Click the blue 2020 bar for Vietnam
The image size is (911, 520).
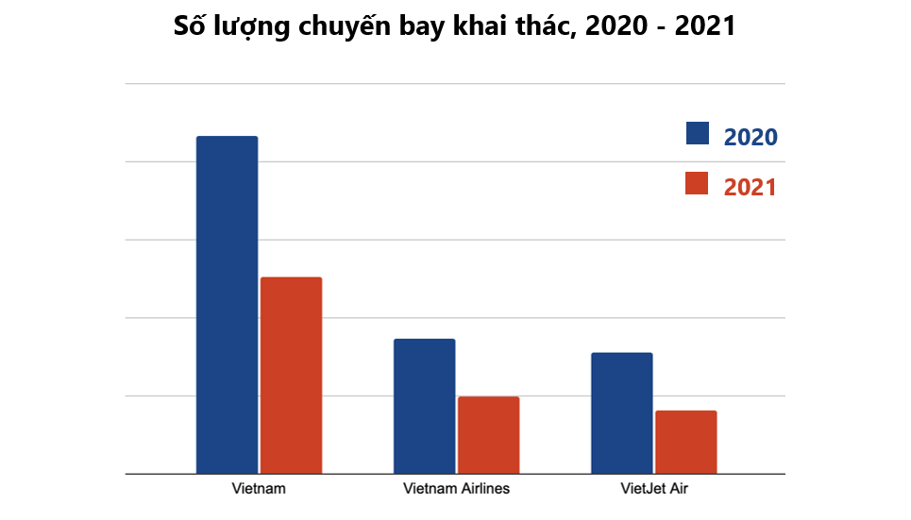(228, 305)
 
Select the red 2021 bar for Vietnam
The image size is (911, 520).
(291, 376)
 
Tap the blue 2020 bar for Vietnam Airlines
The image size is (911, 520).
(425, 406)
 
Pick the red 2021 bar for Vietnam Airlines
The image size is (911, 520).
(489, 435)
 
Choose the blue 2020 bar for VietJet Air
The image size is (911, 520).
(622, 413)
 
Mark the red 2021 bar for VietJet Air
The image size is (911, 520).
(686, 443)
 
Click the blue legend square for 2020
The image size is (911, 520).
(698, 133)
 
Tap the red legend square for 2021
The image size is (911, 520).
(697, 183)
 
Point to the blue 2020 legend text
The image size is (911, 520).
(751, 137)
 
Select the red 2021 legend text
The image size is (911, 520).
(751, 187)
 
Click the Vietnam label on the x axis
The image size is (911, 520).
(259, 489)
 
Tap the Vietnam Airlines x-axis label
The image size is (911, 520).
(456, 489)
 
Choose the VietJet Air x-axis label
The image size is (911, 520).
(654, 489)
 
